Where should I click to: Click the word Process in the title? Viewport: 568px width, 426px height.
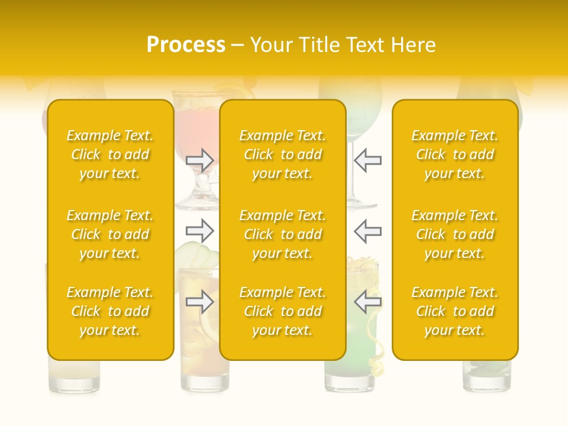186,45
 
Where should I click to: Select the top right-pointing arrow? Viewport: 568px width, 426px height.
199,160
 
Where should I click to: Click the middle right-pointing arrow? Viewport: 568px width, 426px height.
199,230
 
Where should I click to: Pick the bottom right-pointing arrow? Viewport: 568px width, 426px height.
199,302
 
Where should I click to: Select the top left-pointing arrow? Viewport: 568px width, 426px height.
367,160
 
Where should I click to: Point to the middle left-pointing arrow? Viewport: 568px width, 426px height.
367,230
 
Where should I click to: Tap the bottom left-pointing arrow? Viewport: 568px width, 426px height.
367,302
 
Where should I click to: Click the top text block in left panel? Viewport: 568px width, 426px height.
110,154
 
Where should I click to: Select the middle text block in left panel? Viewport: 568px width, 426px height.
110,234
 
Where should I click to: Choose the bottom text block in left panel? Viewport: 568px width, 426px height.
110,311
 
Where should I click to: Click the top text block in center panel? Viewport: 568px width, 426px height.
282,154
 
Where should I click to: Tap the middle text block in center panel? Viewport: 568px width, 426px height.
282,234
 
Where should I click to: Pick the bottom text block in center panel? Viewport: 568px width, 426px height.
282,311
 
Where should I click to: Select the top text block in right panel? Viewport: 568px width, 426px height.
454,154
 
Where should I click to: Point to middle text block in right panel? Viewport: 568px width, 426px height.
454,234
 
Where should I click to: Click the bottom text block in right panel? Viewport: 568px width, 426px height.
454,311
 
